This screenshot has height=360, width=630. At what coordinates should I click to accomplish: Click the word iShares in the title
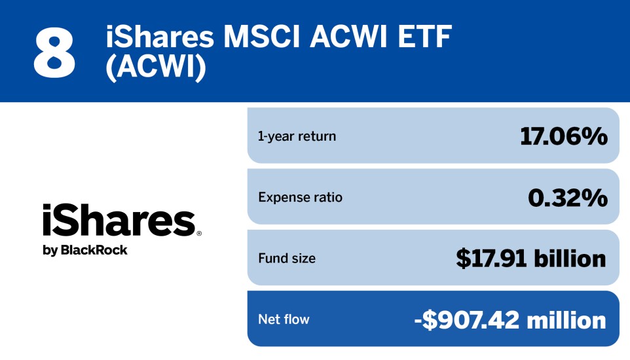[x=160, y=37]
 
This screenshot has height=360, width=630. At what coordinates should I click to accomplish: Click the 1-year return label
[x=297, y=136]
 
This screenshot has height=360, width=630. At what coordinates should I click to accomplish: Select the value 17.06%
[x=563, y=136]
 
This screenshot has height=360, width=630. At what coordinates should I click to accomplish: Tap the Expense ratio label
[x=300, y=197]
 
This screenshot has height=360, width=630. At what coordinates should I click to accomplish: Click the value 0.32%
[x=567, y=197]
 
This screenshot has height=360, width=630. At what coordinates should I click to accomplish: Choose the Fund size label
[x=287, y=259]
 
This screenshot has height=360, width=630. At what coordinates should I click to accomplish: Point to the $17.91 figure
[x=492, y=259]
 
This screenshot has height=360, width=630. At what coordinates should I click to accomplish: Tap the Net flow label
[x=284, y=319]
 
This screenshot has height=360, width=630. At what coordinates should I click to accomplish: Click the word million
[x=567, y=319]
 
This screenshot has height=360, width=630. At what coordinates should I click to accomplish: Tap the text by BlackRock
[x=85, y=250]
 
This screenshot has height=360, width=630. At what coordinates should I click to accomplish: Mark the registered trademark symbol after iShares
[x=198, y=233]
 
